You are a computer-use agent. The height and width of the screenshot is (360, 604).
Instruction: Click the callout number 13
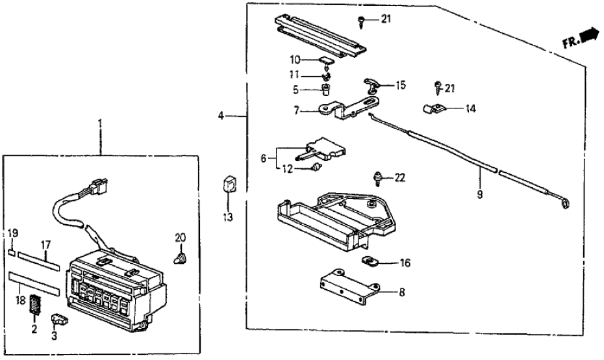[225, 215]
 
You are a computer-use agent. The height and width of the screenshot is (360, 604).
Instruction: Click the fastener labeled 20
[180, 258]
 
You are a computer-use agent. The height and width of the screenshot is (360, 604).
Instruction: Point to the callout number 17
[45, 245]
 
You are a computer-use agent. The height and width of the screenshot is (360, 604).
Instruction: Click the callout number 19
[12, 233]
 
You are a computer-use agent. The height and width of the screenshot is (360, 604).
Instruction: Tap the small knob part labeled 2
[35, 303]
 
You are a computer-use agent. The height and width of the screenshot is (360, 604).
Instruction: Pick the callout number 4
[221, 116]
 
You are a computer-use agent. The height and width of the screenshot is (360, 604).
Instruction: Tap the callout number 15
[400, 85]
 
